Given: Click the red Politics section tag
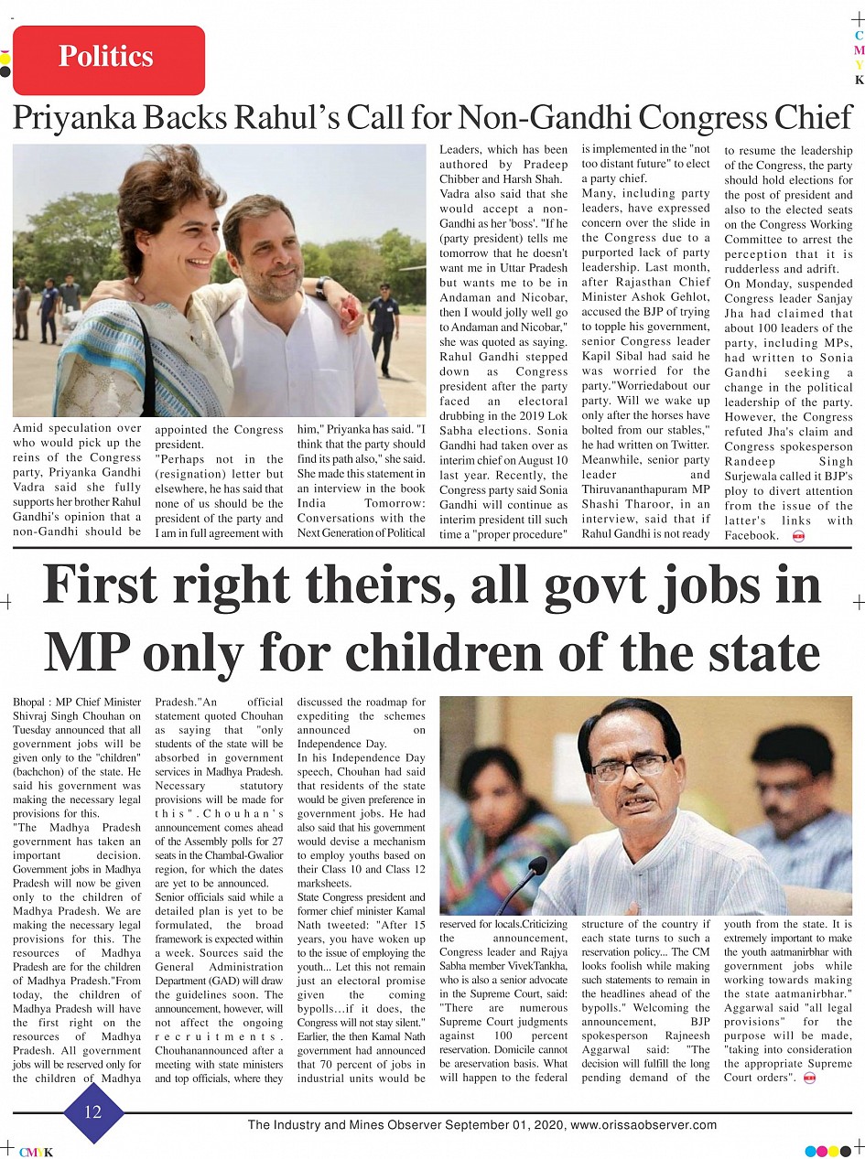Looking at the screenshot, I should click(108, 59).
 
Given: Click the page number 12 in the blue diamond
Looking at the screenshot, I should click(92, 1112).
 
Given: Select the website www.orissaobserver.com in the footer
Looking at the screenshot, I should click(643, 1125).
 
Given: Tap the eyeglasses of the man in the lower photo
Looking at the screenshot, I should click(629, 766).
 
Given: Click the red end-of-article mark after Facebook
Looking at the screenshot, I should click(797, 536).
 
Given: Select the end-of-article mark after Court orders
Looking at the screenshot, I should click(808, 1079).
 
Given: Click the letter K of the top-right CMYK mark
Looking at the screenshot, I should click(859, 80).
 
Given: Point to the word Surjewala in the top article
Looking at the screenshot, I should click(752, 477).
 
